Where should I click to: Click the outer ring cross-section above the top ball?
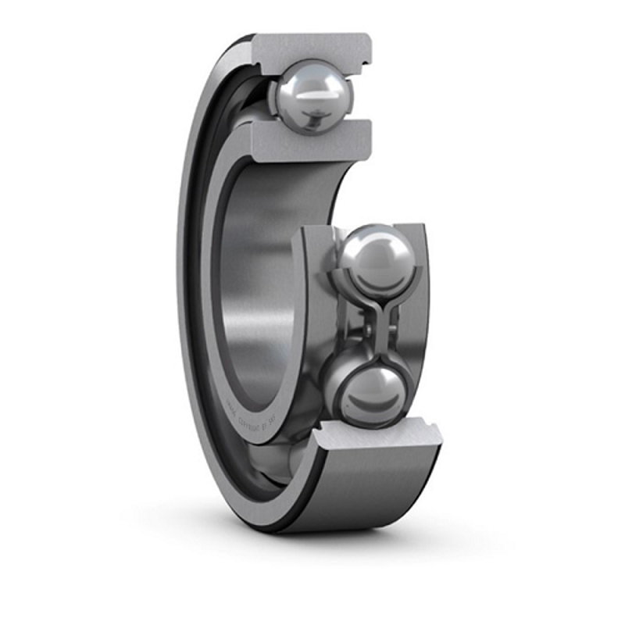312,47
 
